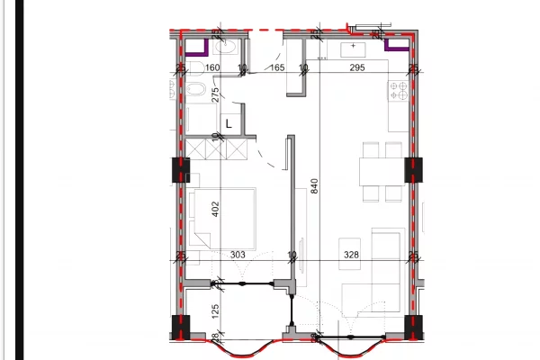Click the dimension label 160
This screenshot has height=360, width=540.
coord(213,67)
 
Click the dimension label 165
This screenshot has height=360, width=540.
coord(277,67)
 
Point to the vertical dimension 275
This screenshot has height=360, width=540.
coord(216,95)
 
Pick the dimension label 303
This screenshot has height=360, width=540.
coord(238,255)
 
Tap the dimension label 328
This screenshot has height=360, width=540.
coord(351,255)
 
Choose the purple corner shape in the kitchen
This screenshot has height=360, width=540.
coord(395,43)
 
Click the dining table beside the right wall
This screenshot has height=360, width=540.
coord(378,169)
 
